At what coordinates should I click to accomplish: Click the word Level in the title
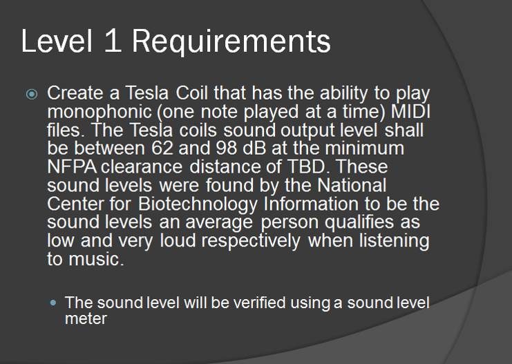coord(57,41)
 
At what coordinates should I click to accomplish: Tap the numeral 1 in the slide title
coord(113,41)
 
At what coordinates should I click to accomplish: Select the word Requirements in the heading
coord(231,43)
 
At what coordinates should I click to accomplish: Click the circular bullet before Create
coord(32,95)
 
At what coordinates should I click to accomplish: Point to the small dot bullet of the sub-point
coord(53,303)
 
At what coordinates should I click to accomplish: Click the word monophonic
coord(99,113)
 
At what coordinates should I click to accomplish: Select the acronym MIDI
coord(410,111)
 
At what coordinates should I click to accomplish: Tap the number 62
coord(162,149)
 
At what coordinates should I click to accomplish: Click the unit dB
coord(254,149)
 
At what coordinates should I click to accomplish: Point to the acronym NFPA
coord(72,167)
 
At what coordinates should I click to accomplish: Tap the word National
coord(352,185)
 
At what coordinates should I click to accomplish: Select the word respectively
coord(250,242)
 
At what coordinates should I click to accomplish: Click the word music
coord(96,260)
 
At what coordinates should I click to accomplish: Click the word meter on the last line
coord(86,318)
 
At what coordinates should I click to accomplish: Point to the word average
coord(219,223)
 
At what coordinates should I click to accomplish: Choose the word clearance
coord(142,167)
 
